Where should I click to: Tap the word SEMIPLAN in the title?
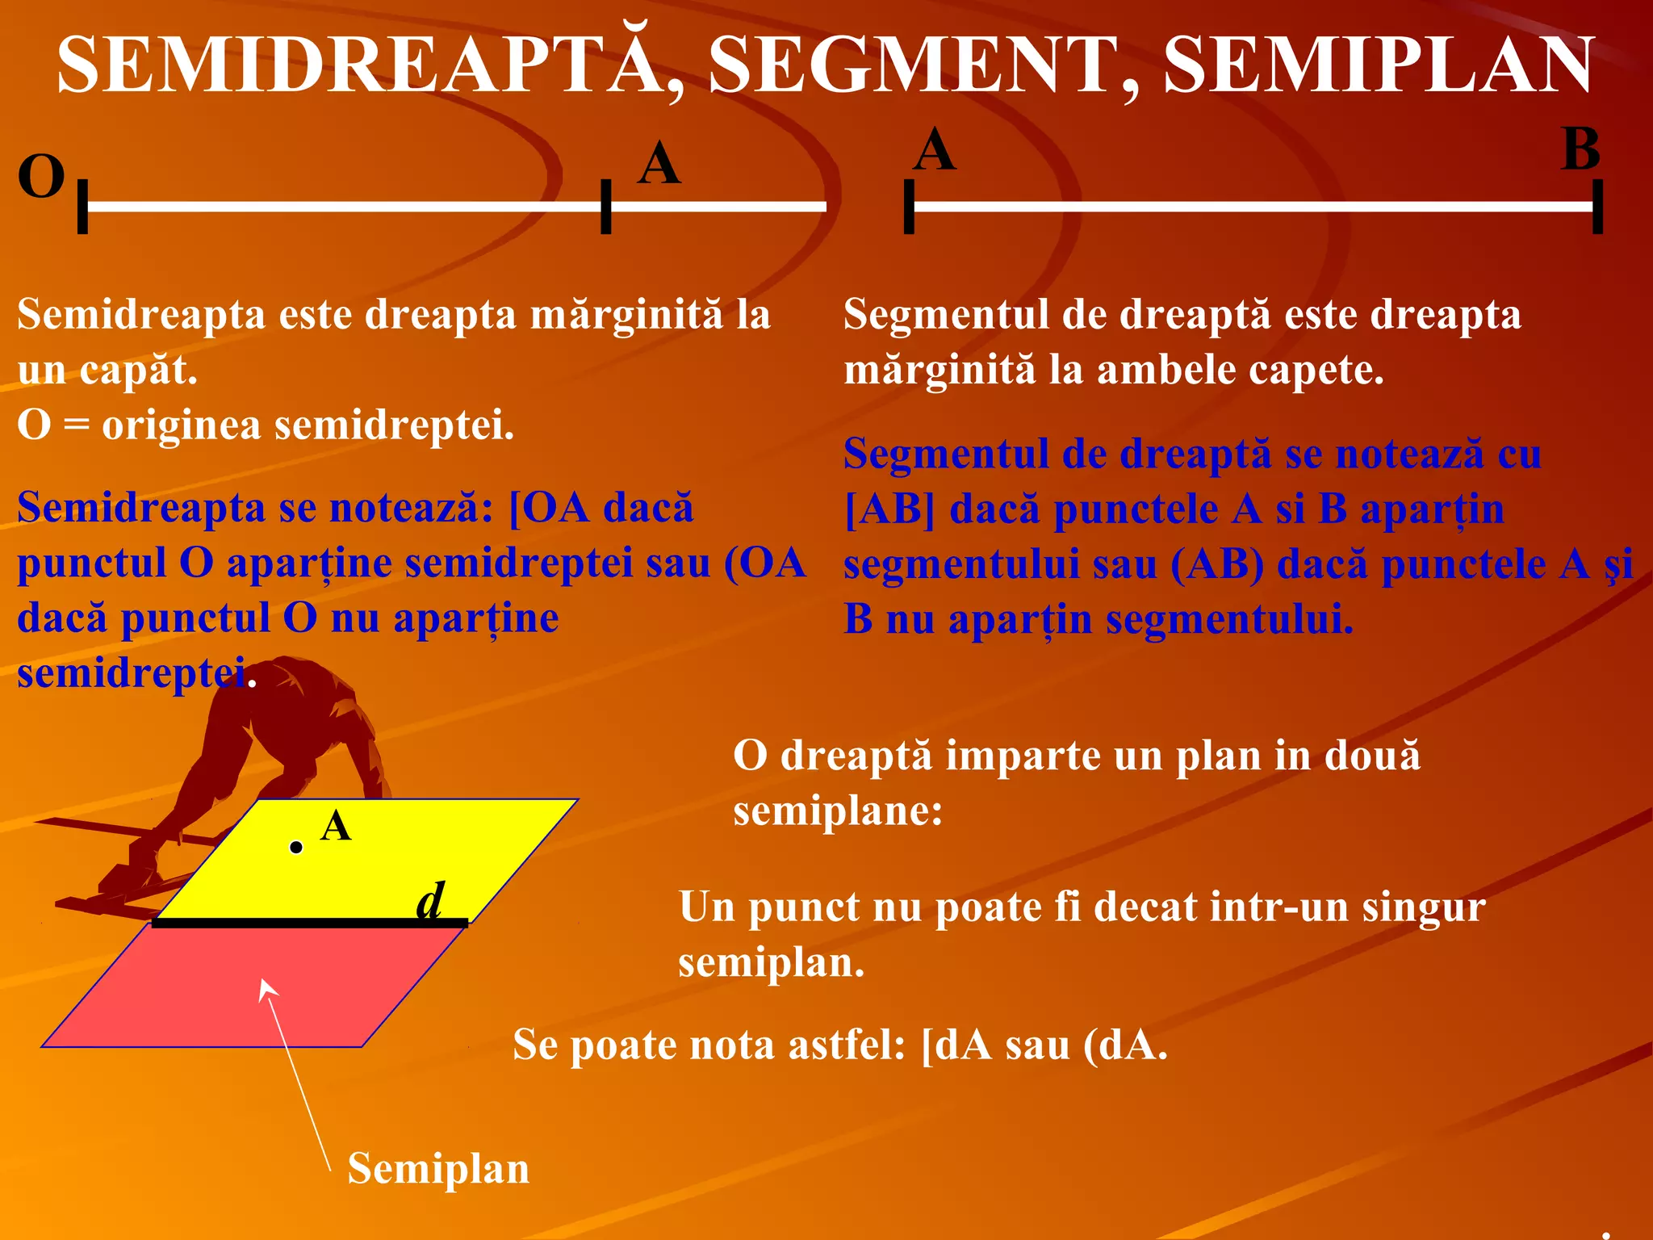coord(1379,66)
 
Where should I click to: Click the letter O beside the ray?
coord(40,177)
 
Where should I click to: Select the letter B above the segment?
coord(1580,150)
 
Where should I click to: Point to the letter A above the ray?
coord(659,165)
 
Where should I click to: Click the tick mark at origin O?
coord(82,207)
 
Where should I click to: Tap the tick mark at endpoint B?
coord(1597,207)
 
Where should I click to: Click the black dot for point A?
coord(296,847)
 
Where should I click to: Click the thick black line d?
coord(310,923)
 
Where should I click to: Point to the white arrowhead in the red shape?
coord(267,989)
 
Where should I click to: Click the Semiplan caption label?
coord(438,1168)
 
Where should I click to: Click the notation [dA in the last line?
coord(956,1045)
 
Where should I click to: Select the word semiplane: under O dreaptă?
coord(838,811)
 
